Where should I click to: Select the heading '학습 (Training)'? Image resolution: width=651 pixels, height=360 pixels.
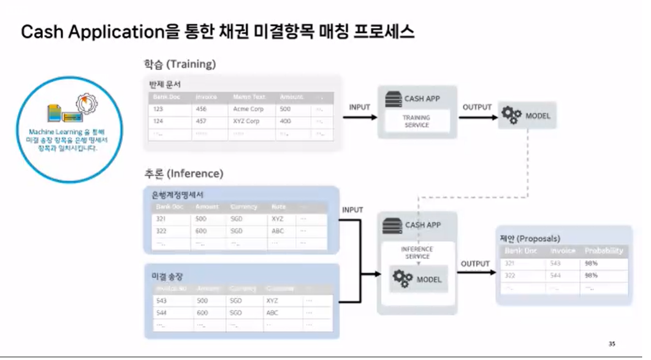point(180,64)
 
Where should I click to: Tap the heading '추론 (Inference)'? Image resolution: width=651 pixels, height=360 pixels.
point(183,173)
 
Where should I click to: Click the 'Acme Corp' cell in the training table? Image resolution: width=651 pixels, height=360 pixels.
point(248,109)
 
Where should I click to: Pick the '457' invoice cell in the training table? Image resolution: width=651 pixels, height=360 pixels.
point(201,121)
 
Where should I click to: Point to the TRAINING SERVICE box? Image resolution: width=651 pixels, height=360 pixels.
point(416,121)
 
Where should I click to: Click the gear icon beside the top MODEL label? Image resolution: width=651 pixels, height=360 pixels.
point(511,116)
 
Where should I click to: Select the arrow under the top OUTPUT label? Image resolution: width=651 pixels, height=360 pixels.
point(477,117)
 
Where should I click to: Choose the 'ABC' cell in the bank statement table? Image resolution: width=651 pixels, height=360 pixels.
point(278,231)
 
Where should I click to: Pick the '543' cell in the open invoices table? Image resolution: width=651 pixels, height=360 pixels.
point(161,301)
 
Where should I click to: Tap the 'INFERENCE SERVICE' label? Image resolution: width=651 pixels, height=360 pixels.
point(417,253)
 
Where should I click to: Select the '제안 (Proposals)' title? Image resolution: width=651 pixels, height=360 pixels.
point(530,238)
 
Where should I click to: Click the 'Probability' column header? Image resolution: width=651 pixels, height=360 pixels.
point(604,251)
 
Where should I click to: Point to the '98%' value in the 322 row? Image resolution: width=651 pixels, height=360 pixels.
point(591,275)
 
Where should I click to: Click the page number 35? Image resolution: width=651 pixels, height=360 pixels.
point(612,344)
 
